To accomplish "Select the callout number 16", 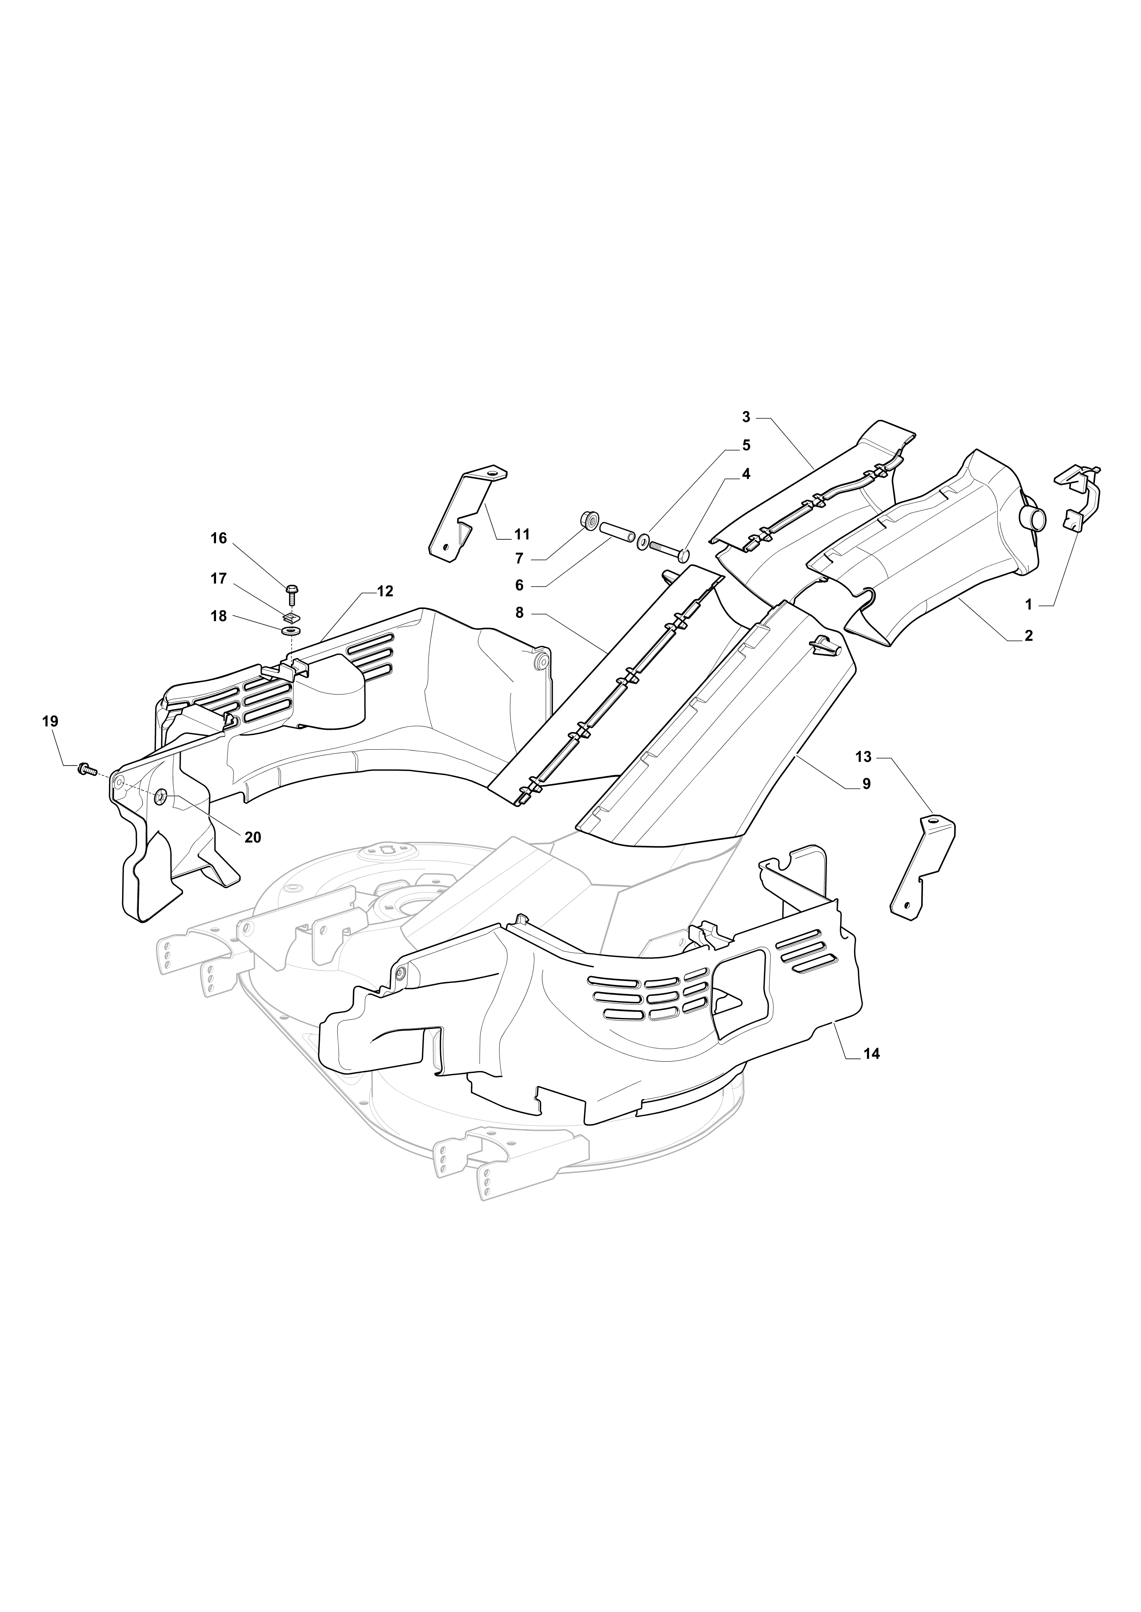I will (x=219, y=538).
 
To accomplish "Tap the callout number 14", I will (x=872, y=1074).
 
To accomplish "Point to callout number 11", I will (x=521, y=535).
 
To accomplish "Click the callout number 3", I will (x=746, y=417).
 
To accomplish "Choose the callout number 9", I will (x=866, y=784).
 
